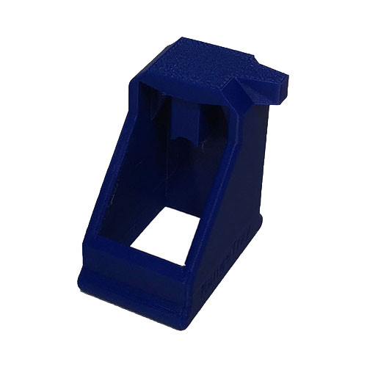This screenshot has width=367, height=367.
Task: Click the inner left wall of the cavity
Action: click(143, 161)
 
